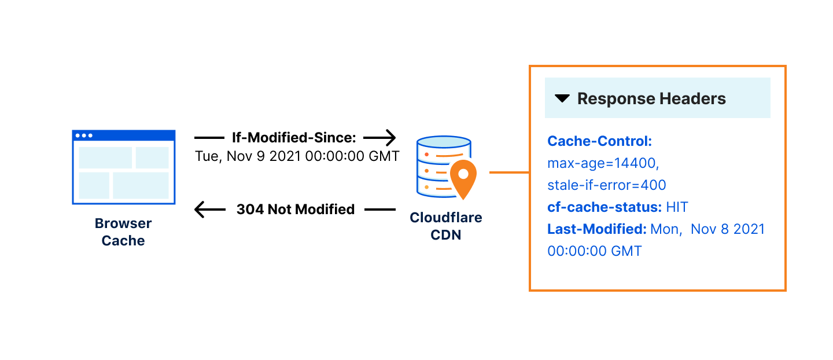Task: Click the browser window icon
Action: point(123,167)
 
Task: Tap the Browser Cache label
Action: point(123,232)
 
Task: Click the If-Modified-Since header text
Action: point(294,138)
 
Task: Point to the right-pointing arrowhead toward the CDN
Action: point(389,138)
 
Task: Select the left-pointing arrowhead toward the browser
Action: point(202,209)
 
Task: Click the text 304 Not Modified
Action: point(295,210)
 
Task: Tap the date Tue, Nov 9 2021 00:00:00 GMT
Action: point(297,156)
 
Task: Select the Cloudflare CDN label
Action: point(445,226)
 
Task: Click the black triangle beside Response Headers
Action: point(562,98)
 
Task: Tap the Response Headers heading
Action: point(651,98)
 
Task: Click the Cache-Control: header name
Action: point(599,141)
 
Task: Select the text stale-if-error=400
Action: point(606,185)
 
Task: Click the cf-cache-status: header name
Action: point(605,207)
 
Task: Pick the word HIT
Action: point(677,207)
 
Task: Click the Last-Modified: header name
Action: point(596,229)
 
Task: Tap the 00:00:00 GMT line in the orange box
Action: point(594,251)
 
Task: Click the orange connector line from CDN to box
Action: point(509,172)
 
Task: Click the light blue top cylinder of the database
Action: point(444,141)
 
